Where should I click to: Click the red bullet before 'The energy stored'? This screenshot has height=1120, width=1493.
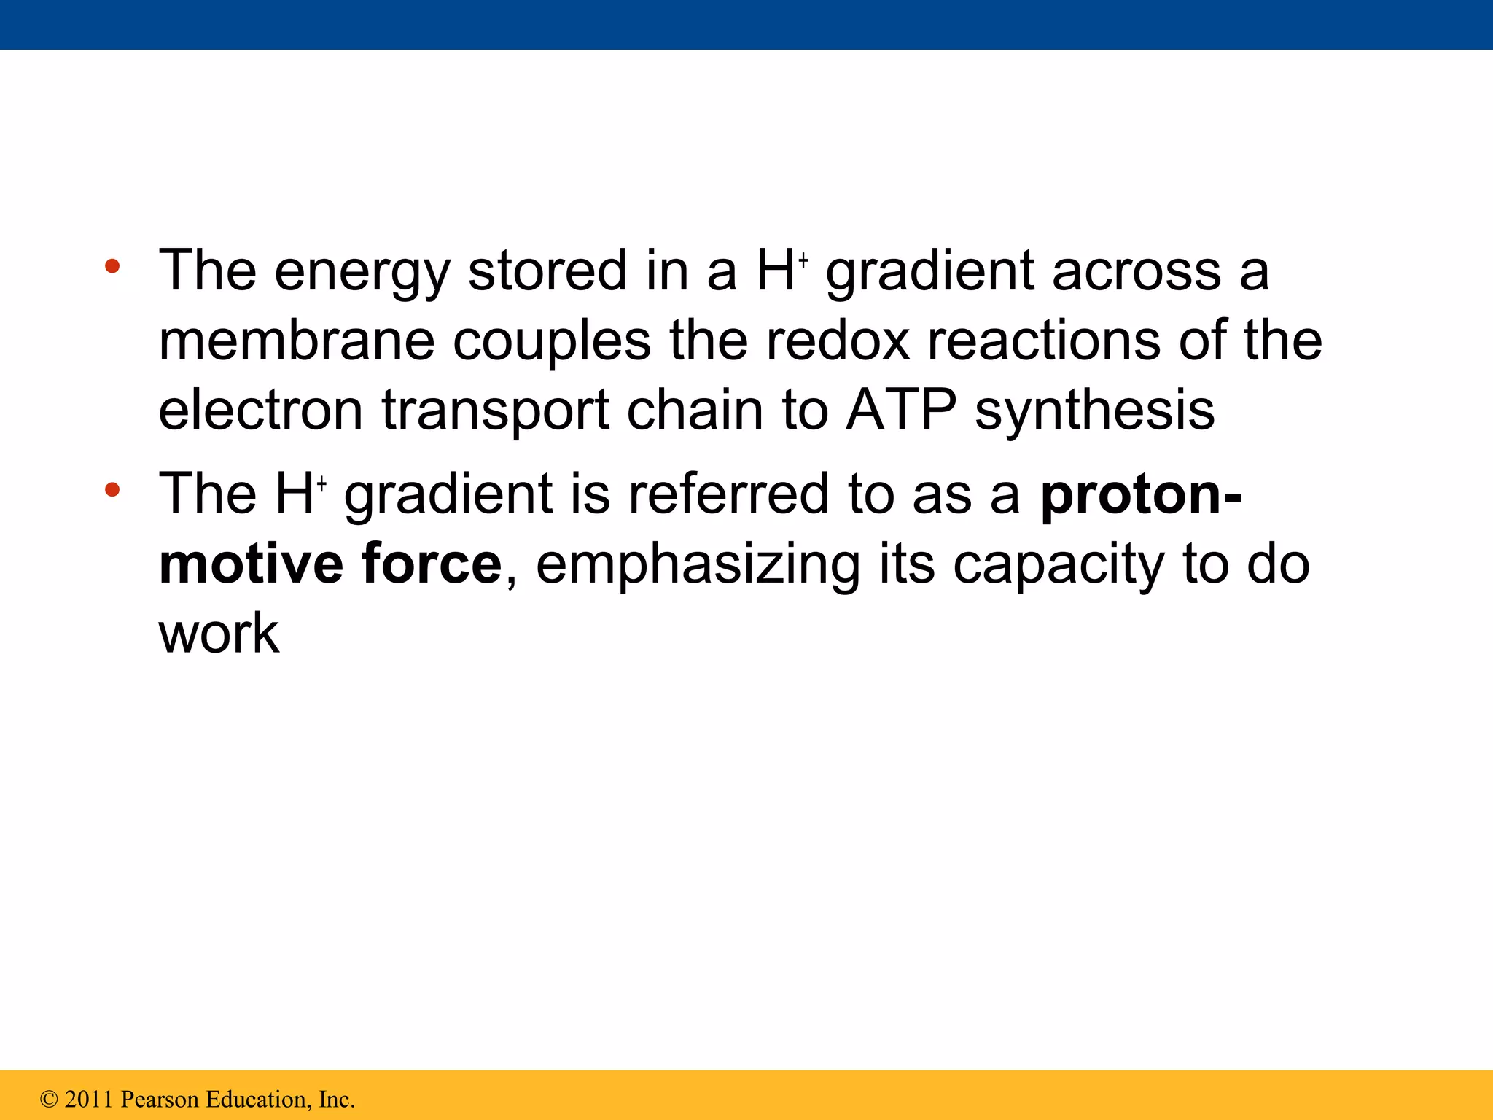coord(112,267)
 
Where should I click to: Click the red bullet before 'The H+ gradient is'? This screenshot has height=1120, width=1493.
coord(112,490)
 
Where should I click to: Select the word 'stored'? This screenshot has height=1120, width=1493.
coord(547,271)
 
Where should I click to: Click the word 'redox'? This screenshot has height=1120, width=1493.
coord(838,341)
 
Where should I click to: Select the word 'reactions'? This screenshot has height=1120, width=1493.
coord(1043,341)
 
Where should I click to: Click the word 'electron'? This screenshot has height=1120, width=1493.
coord(260,411)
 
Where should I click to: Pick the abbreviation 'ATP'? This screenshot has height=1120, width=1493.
coord(901,411)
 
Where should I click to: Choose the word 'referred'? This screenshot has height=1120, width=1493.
coord(728,494)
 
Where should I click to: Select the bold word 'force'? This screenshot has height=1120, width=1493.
coord(431,564)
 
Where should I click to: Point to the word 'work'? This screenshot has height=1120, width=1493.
coord(219,633)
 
